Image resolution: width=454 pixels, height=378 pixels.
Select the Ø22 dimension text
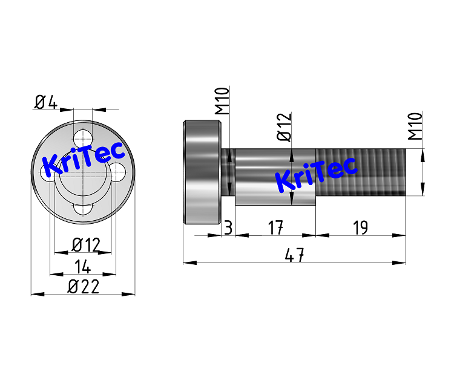pos(83,287)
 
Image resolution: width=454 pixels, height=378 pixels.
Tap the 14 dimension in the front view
pos(82,266)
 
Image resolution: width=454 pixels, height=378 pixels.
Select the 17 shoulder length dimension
pos(275,227)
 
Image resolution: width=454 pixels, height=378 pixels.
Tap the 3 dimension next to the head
pos(228,227)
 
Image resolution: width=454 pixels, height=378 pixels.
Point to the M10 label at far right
pos(415,126)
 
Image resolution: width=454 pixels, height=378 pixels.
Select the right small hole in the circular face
pos(118,172)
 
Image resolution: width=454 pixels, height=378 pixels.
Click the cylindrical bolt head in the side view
pos(202,172)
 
